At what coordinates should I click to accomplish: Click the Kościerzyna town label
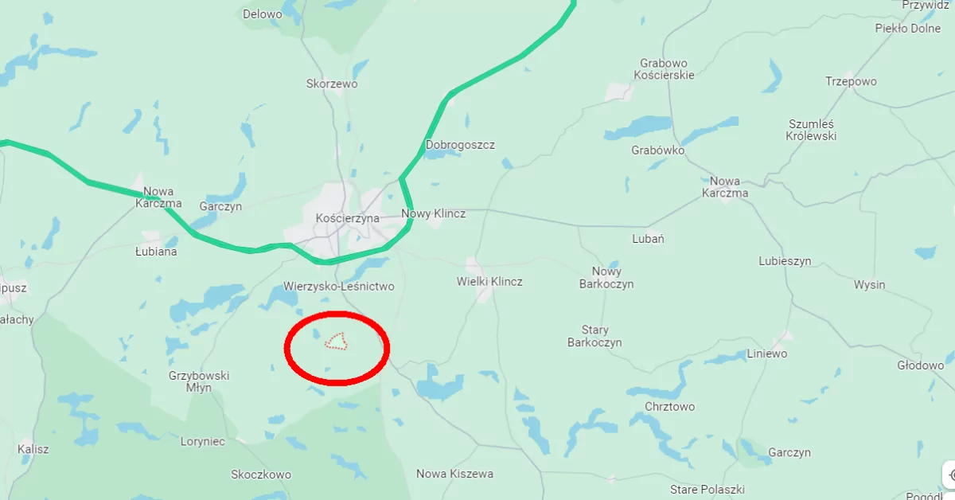[x=347, y=218]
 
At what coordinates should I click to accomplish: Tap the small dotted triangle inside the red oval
[x=337, y=342]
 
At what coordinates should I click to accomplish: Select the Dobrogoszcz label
[x=460, y=145]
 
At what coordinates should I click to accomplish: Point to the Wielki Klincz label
[x=489, y=282]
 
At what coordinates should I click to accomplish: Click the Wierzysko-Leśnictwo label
[x=338, y=287]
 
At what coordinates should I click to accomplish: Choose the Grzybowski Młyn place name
[x=199, y=381]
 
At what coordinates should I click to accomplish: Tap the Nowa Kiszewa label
[x=454, y=474]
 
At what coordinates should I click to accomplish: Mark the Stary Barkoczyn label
[x=594, y=336]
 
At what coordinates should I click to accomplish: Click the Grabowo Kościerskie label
[x=664, y=68]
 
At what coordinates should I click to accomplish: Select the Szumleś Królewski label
[x=812, y=130]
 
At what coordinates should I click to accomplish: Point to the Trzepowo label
[x=851, y=82]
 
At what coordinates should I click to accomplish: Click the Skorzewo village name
[x=332, y=84]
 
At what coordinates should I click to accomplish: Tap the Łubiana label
[x=156, y=252]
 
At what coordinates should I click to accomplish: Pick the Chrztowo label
[x=669, y=407]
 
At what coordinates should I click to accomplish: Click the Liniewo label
[x=767, y=354]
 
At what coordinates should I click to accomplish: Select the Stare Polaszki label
[x=707, y=489]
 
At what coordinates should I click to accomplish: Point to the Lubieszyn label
[x=785, y=261]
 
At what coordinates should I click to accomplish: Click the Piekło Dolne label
[x=907, y=29]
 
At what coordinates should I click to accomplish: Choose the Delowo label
[x=262, y=14]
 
